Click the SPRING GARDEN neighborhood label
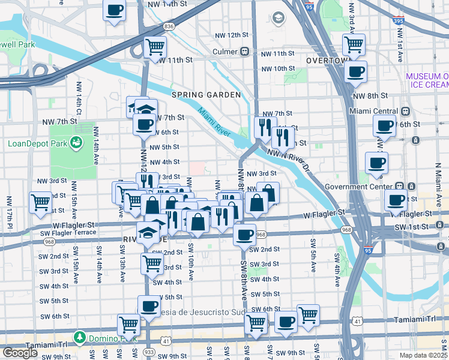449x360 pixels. tap(206, 95)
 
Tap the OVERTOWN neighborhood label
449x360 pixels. tap(328, 61)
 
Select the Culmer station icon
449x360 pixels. tap(244, 52)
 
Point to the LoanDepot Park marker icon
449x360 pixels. tap(76, 143)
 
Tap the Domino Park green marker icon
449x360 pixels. tap(79, 337)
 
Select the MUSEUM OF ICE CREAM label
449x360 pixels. tap(427, 80)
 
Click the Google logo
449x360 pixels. tap(20, 353)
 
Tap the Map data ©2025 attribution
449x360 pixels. tap(423, 355)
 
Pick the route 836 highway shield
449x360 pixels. tap(169, 26)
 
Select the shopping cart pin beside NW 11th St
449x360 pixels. tap(155, 46)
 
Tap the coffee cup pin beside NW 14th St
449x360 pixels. tap(115, 10)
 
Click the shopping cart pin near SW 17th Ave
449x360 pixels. tap(40, 202)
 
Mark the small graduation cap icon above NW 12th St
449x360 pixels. tap(278, 18)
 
